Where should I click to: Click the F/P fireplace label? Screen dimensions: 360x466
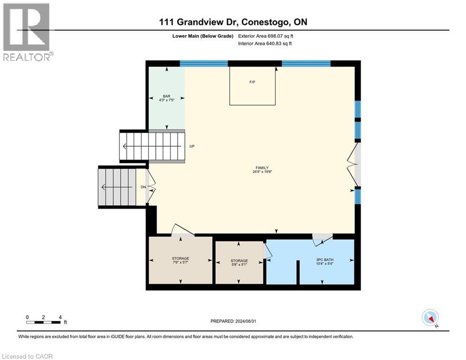coord(252,82)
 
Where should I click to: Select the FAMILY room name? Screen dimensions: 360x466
coord(261,167)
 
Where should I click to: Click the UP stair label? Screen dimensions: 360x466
coord(192,146)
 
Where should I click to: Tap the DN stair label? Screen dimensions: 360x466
coord(144,187)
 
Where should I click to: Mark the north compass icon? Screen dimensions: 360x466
coord(430,317)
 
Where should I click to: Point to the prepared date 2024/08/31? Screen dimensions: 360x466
coord(233,321)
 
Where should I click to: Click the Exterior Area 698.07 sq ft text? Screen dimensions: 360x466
coord(266,36)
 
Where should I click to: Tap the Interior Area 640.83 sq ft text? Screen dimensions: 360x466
coord(265,44)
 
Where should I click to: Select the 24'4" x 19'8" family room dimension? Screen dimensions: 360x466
coord(261,172)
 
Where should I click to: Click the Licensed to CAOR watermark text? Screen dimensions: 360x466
coord(27,356)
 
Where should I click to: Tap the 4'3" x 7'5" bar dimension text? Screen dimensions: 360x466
coord(166,99)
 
